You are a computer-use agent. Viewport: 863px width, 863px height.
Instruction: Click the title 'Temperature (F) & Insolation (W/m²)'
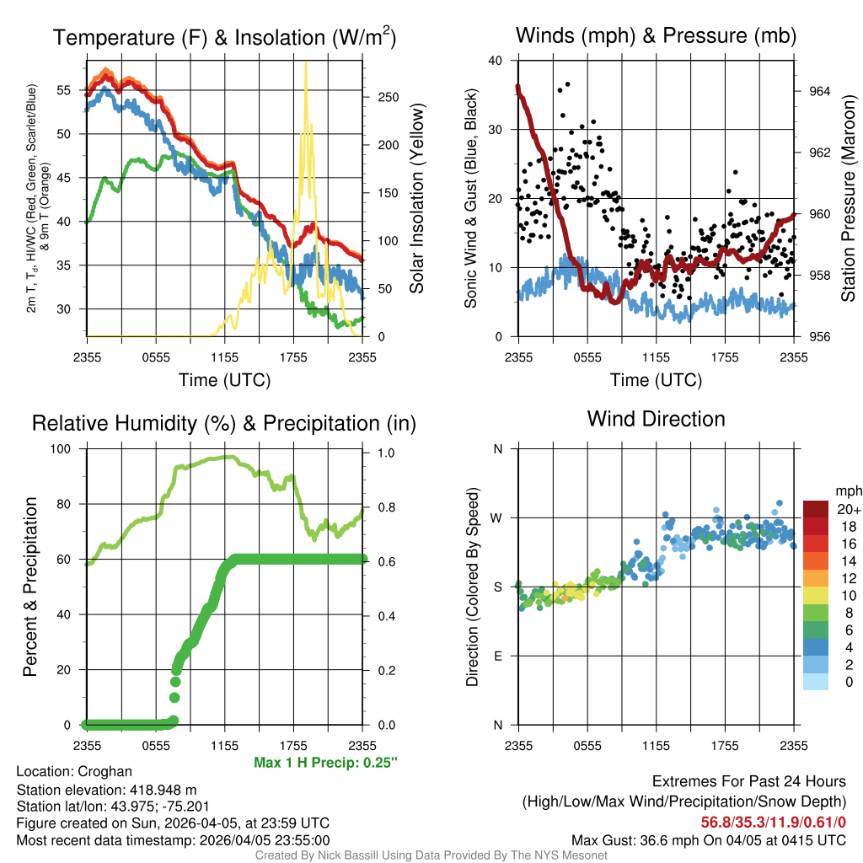click(224, 38)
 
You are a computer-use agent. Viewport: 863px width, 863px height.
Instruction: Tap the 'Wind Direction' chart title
click(656, 419)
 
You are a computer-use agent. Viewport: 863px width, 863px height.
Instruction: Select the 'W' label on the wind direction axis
click(497, 517)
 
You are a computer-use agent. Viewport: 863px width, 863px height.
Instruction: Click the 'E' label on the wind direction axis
click(498, 656)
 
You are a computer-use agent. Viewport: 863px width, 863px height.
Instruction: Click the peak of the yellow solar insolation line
click(305, 64)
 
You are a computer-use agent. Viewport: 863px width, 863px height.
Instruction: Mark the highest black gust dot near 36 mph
click(568, 84)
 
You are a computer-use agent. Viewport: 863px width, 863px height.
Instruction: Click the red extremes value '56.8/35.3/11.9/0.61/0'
click(773, 822)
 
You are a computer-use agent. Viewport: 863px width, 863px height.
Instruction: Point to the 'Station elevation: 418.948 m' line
click(106, 790)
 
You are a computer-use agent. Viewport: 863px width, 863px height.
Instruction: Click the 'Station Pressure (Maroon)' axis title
click(849, 199)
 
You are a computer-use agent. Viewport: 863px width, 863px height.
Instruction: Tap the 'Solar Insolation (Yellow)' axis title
click(417, 199)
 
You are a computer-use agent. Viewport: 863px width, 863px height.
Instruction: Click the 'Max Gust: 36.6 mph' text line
click(708, 839)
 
